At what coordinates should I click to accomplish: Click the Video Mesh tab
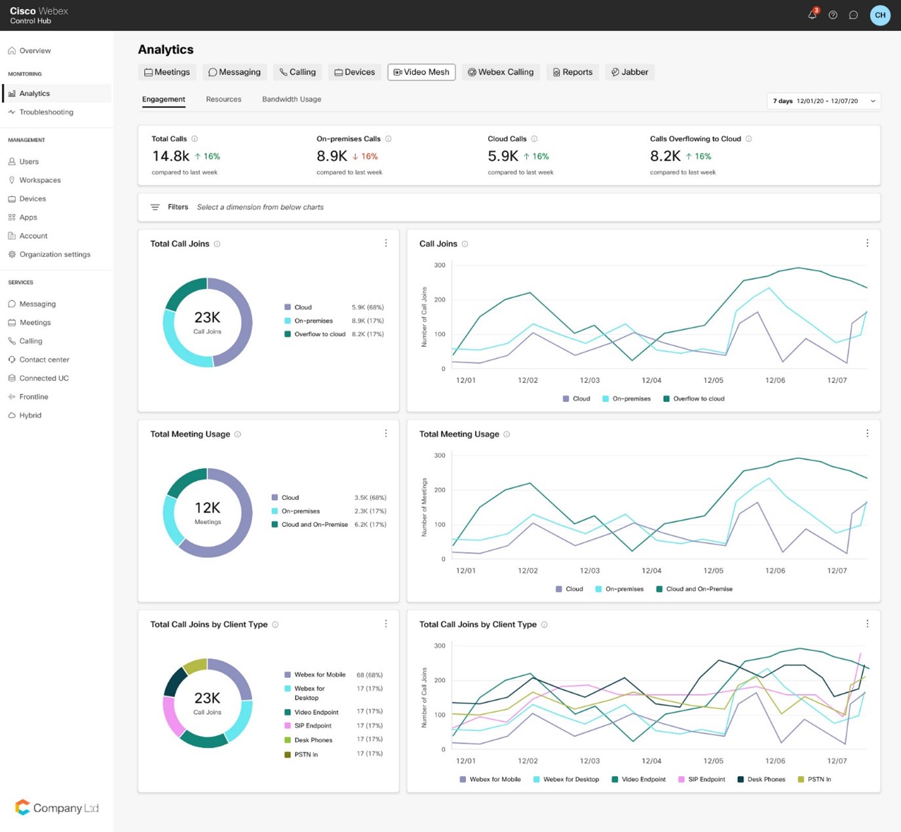[x=421, y=72]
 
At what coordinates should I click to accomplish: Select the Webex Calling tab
[x=501, y=72]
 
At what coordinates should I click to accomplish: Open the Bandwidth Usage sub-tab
[x=292, y=100]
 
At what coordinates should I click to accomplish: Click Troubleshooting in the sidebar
[x=46, y=112]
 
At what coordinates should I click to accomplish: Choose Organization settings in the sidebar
[x=54, y=254]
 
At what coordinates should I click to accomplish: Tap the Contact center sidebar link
[x=44, y=360]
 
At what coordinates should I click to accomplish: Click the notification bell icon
[x=813, y=15]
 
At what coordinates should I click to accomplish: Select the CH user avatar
[x=880, y=15]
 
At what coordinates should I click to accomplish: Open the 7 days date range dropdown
[x=824, y=101]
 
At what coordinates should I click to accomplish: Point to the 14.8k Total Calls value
[x=170, y=156]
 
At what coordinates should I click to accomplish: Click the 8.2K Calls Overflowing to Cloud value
[x=665, y=156]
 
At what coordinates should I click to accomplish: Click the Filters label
[x=178, y=207]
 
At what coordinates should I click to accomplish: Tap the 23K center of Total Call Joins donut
[x=207, y=321]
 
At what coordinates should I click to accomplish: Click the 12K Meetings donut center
[x=207, y=511]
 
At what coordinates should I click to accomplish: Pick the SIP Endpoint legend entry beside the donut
[x=313, y=726]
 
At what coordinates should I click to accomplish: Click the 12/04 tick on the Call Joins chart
[x=651, y=380]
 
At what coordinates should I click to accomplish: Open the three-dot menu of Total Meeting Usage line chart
[x=867, y=433]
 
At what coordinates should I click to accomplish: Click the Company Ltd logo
[x=57, y=808]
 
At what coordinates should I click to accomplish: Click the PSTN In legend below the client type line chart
[x=818, y=780]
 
